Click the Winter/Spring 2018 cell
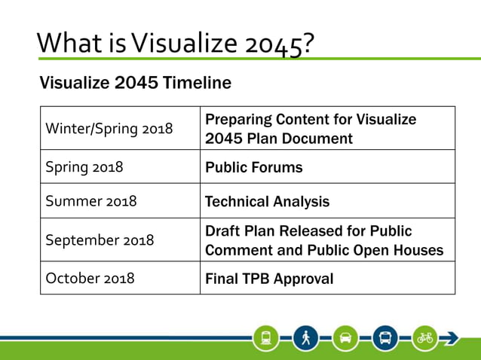[109, 129]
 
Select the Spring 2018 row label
[84, 167]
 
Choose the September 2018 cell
[100, 240]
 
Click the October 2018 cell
[90, 278]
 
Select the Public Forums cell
[254, 167]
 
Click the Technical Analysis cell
[267, 202]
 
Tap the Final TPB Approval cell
[269, 279]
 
